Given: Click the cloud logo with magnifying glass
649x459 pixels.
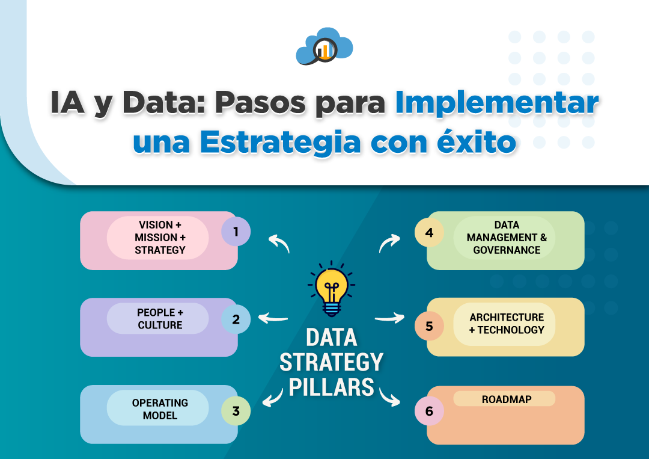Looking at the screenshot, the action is coord(324,46).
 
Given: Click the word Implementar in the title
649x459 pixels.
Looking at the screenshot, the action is coord(497,103).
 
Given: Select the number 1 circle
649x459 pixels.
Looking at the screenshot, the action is coord(236,232).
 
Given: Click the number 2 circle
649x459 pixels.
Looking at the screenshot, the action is coord(236,319).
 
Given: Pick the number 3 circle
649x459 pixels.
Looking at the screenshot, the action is coord(236,411).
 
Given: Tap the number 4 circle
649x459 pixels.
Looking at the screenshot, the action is coord(429,233).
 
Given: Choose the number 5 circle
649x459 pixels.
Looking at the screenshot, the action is coord(429,326).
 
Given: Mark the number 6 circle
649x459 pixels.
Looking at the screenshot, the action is coord(429,411).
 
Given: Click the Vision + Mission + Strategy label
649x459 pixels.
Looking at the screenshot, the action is coord(160,238).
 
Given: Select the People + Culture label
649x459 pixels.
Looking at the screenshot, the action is coord(160,319).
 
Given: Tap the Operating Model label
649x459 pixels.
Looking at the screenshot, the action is coord(160,409).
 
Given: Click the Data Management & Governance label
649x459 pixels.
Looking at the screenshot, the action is coord(507,238).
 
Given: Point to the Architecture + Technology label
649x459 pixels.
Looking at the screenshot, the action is coord(507,324).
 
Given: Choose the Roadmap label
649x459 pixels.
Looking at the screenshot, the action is coord(507,399).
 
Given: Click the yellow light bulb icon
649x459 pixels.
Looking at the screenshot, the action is coord(332,289).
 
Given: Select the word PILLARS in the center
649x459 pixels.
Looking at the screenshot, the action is coord(331,387).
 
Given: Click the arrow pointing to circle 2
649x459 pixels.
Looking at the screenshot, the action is coord(273,318).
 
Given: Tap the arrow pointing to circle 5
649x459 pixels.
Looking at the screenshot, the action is coord(389,318).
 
